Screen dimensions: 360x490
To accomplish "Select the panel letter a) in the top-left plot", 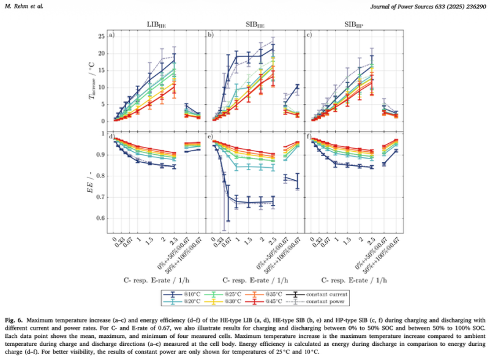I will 112,35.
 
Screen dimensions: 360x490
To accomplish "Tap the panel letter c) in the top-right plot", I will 309,35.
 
